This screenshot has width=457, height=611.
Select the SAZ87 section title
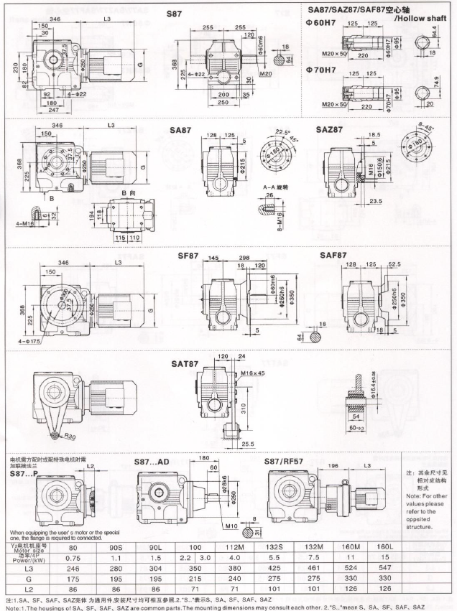tap(330, 130)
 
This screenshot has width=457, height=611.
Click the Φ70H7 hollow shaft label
tap(320, 70)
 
